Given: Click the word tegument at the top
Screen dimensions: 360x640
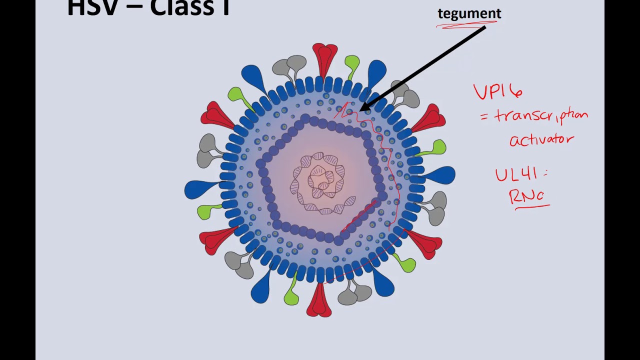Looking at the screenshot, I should [469, 13].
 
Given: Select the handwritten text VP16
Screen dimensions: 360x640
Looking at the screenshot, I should [498, 91].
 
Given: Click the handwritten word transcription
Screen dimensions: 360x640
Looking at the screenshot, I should [541, 116].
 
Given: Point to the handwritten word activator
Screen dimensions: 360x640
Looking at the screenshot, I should [541, 139].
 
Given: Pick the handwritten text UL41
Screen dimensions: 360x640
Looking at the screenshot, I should [516, 174].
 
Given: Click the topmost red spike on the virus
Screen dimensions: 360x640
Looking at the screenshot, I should [325, 57].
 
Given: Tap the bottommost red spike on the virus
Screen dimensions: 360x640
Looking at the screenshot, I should [319, 301].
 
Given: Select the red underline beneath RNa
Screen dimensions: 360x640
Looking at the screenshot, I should [532, 205].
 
